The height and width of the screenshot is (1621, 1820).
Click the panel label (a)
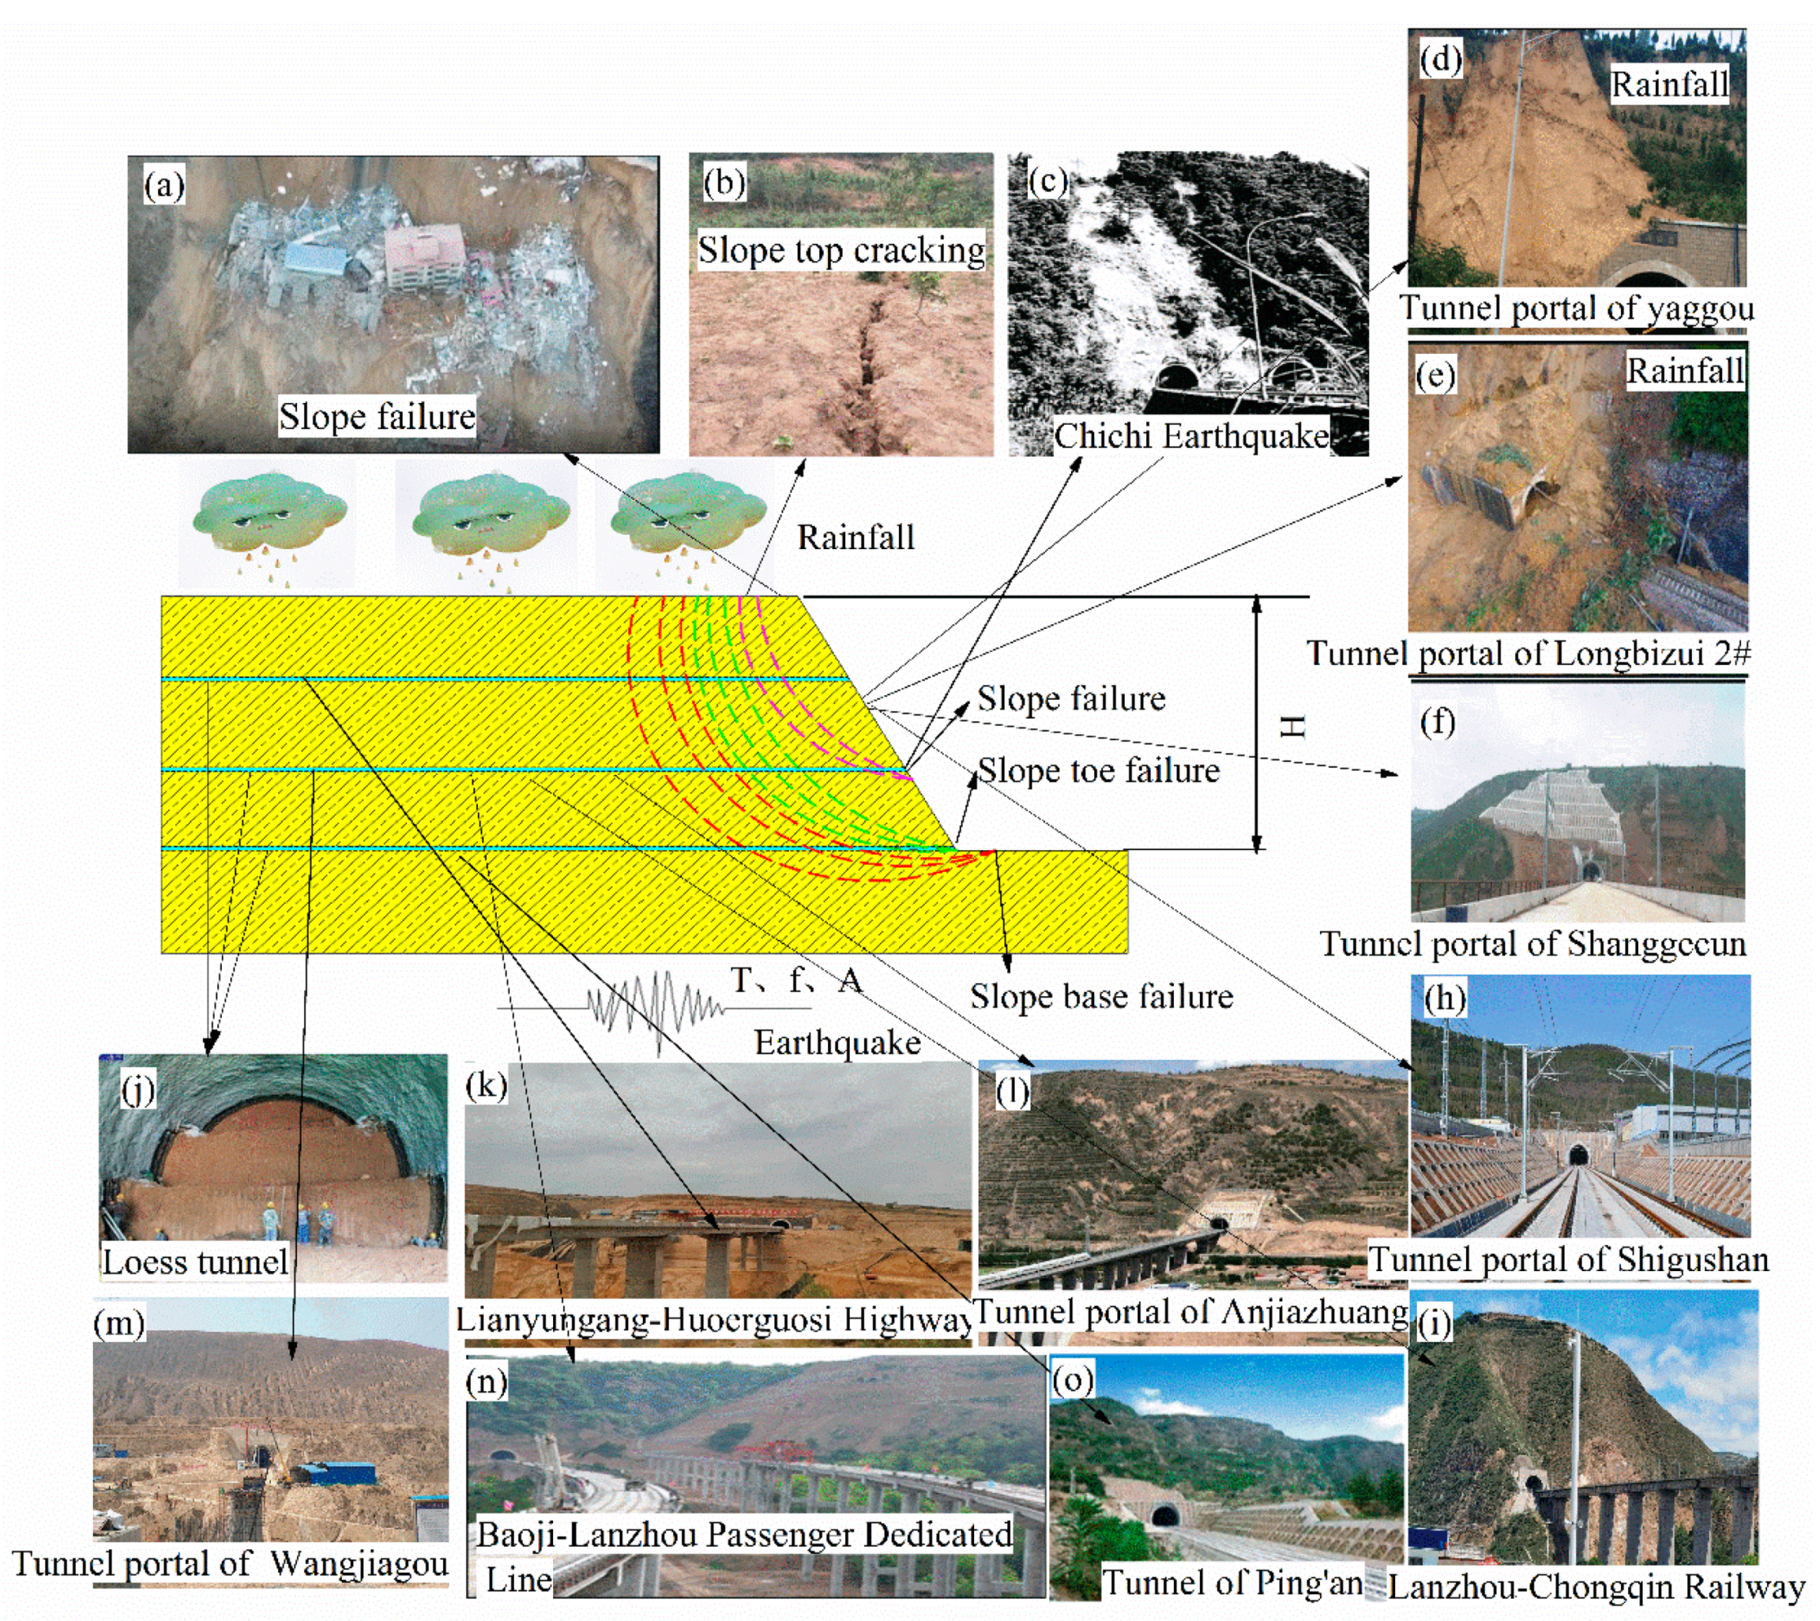[164, 186]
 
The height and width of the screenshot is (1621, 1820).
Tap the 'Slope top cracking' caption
[840, 250]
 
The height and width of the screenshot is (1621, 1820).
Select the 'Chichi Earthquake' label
[1190, 436]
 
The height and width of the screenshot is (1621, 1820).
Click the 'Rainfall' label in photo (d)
[1669, 84]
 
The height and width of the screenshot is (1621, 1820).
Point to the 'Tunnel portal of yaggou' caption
[1576, 308]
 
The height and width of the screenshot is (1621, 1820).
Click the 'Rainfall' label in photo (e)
[1685, 370]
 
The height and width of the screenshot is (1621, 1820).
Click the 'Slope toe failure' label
[1098, 770]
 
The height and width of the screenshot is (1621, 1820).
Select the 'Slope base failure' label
[1101, 996]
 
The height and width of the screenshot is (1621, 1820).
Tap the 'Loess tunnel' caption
[195, 1261]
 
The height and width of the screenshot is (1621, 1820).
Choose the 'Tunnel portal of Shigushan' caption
[1568, 1259]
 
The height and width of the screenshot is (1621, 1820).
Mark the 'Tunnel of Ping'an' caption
[1233, 1582]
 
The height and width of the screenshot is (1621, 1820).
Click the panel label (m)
[120, 1323]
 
